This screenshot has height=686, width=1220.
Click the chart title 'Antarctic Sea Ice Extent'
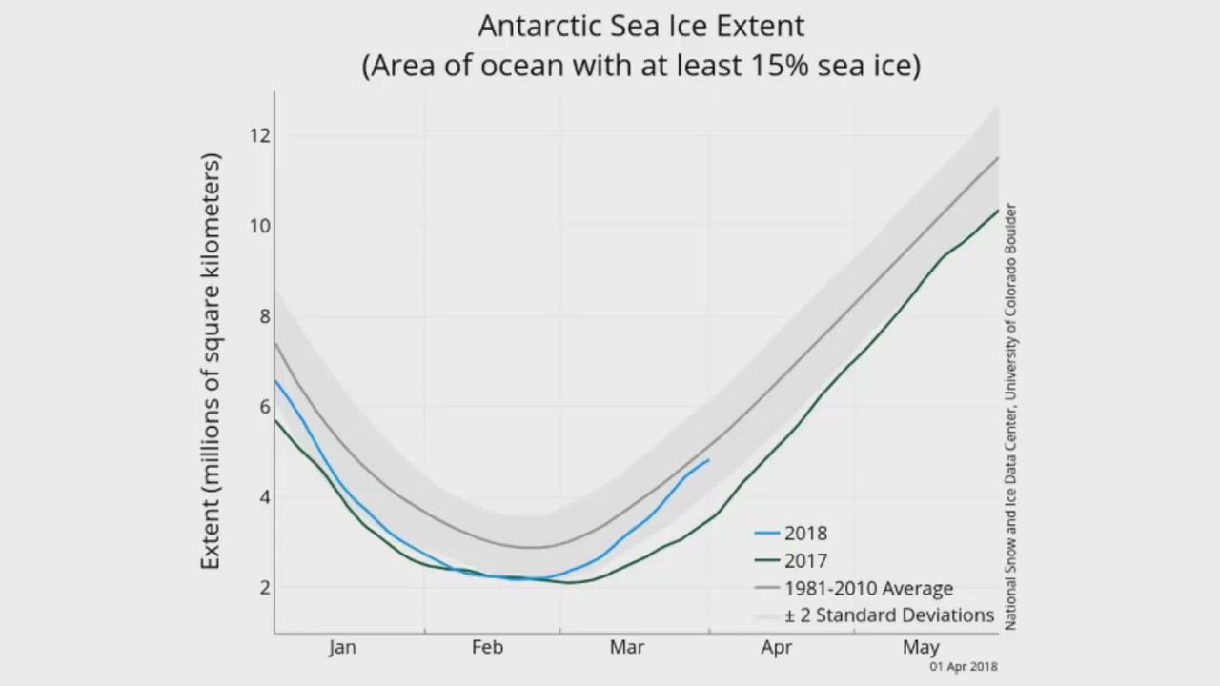[640, 26]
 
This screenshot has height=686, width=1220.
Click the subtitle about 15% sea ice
[640, 66]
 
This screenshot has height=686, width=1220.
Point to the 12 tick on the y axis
[260, 135]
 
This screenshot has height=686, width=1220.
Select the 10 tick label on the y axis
[260, 226]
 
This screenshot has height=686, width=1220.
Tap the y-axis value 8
[265, 316]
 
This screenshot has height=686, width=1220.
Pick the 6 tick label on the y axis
[265, 407]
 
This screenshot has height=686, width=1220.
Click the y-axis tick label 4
[265, 497]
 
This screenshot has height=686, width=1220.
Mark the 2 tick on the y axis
[265, 588]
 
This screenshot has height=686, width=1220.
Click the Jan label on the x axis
[342, 648]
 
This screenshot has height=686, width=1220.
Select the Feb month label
[487, 648]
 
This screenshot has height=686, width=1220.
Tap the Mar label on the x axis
[627, 648]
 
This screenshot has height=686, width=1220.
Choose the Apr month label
[776, 648]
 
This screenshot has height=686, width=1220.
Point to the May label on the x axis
[921, 648]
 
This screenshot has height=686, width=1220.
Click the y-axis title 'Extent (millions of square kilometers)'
[211, 361]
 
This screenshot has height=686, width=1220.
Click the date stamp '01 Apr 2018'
[964, 667]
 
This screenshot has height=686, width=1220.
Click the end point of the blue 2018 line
[708, 460]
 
